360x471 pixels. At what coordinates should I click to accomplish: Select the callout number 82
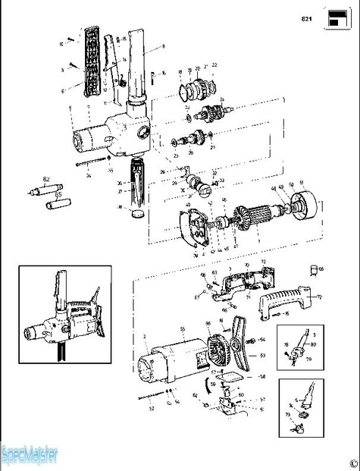(x=46, y=179)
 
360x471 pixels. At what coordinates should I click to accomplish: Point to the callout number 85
(x=57, y=194)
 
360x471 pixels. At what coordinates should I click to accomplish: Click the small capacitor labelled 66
(x=312, y=268)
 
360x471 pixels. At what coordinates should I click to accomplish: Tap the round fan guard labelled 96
(x=218, y=350)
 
